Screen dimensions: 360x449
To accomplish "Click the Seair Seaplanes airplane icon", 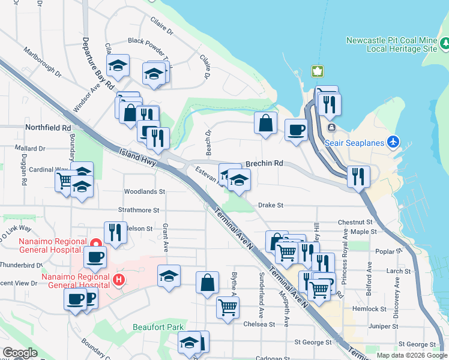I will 393,142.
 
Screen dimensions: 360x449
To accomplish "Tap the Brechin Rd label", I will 264,163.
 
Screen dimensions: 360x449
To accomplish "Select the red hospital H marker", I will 119,280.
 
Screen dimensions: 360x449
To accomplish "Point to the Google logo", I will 20,353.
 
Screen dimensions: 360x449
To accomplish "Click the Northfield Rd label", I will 48,128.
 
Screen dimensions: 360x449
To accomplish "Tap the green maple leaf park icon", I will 316,71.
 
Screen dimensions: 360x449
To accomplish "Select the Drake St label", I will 270,205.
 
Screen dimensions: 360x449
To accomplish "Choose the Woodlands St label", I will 144,192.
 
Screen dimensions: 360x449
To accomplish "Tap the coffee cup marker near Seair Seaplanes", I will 295,130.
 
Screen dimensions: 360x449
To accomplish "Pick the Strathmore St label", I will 139,211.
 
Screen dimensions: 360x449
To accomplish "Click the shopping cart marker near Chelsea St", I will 228,307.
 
